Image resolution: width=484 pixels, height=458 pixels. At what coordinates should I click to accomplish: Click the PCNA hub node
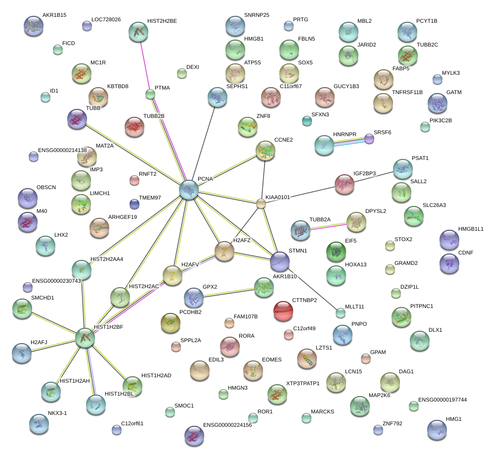pos(189,190)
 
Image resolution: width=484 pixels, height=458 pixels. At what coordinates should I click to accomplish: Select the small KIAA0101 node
pos(261,203)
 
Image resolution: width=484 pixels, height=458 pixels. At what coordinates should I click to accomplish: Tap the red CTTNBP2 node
pos(283,310)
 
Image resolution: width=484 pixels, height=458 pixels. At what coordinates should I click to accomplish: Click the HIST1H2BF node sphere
pos(85,337)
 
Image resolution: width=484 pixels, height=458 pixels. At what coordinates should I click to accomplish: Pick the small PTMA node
pos(150,94)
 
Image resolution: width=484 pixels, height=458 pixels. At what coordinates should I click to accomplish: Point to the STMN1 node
pos(280,261)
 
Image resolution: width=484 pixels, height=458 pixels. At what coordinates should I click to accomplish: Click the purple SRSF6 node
pos(369,139)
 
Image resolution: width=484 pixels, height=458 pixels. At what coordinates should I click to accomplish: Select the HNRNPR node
pos(324,145)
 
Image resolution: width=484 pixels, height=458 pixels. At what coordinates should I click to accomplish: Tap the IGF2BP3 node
pos(345,184)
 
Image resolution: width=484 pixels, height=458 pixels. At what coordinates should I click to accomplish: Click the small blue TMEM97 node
pos(134,204)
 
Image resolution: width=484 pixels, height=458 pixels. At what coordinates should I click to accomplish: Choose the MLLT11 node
pos(340,312)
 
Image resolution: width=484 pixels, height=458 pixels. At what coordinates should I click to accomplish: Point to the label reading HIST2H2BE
pos(162,21)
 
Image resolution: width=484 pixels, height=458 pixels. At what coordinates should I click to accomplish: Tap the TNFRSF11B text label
pos(407,92)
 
